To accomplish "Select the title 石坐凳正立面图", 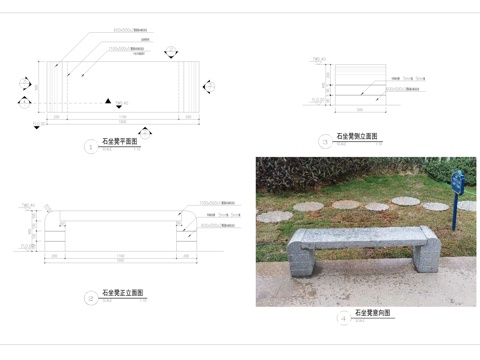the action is (x=123, y=295).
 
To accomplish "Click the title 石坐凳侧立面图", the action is (x=357, y=136).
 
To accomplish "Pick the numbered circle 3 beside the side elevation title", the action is (x=325, y=141).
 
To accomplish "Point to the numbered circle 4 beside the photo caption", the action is (x=343, y=318).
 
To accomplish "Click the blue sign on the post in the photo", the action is (x=457, y=183).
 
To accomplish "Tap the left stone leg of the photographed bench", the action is (x=303, y=258).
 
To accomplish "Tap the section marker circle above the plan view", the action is (x=172, y=52).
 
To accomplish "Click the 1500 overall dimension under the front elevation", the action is (x=120, y=265).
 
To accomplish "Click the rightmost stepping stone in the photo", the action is (x=435, y=206).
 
